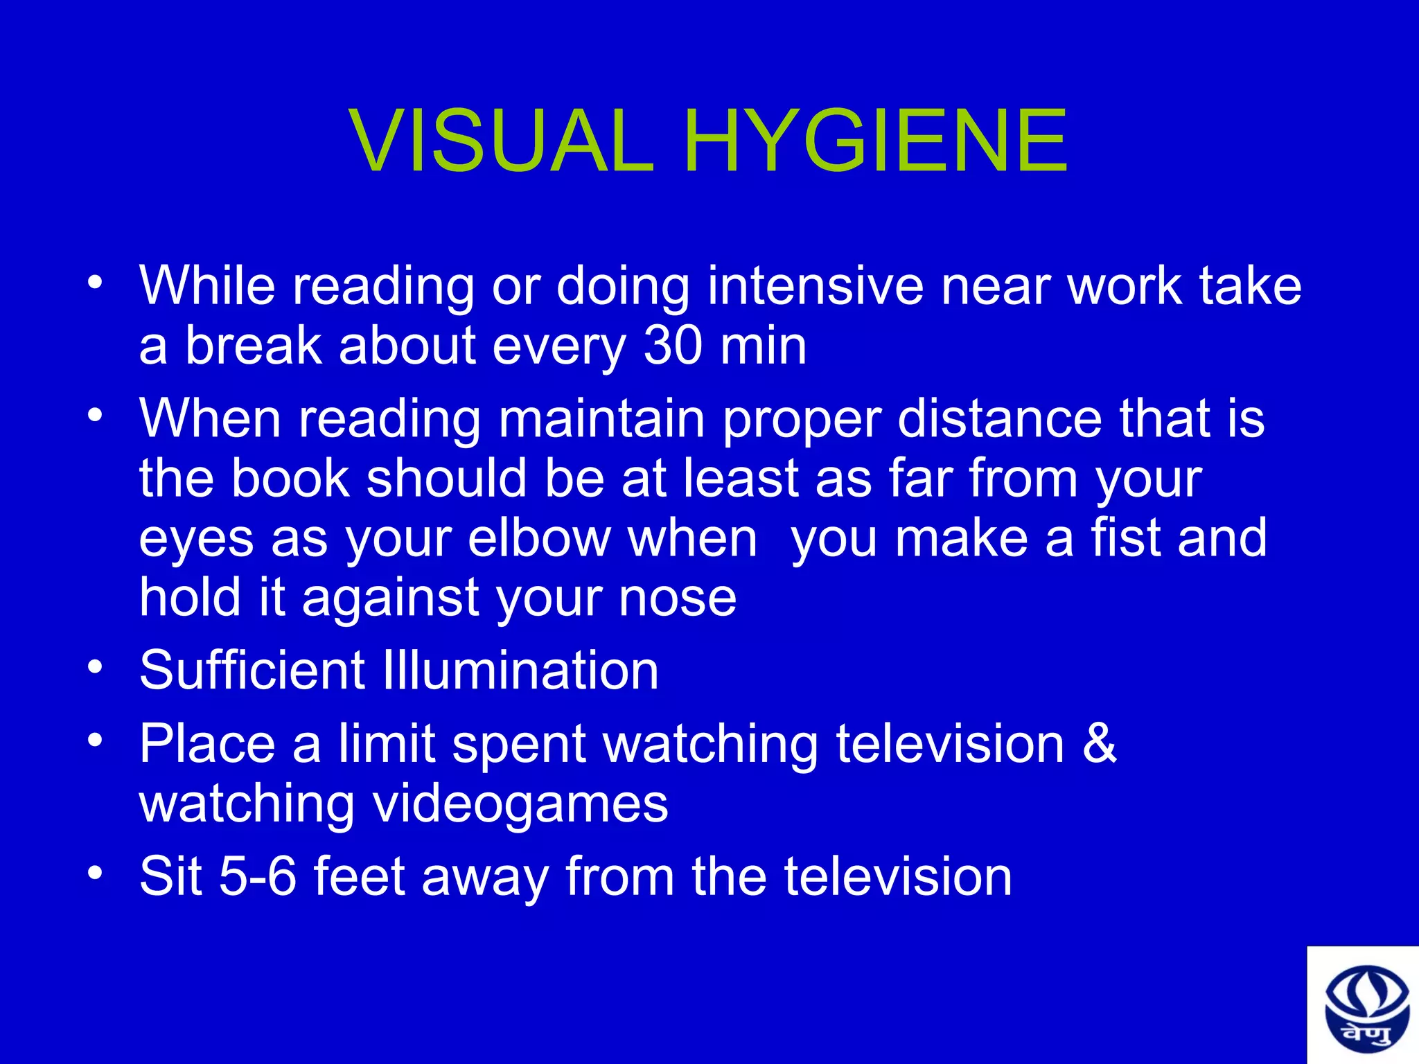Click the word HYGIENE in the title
tap(876, 141)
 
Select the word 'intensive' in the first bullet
tap(815, 285)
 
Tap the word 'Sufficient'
tap(252, 670)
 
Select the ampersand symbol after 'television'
tap(1099, 743)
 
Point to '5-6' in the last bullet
tap(258, 876)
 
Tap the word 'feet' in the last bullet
tap(359, 876)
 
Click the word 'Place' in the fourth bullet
tap(208, 743)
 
